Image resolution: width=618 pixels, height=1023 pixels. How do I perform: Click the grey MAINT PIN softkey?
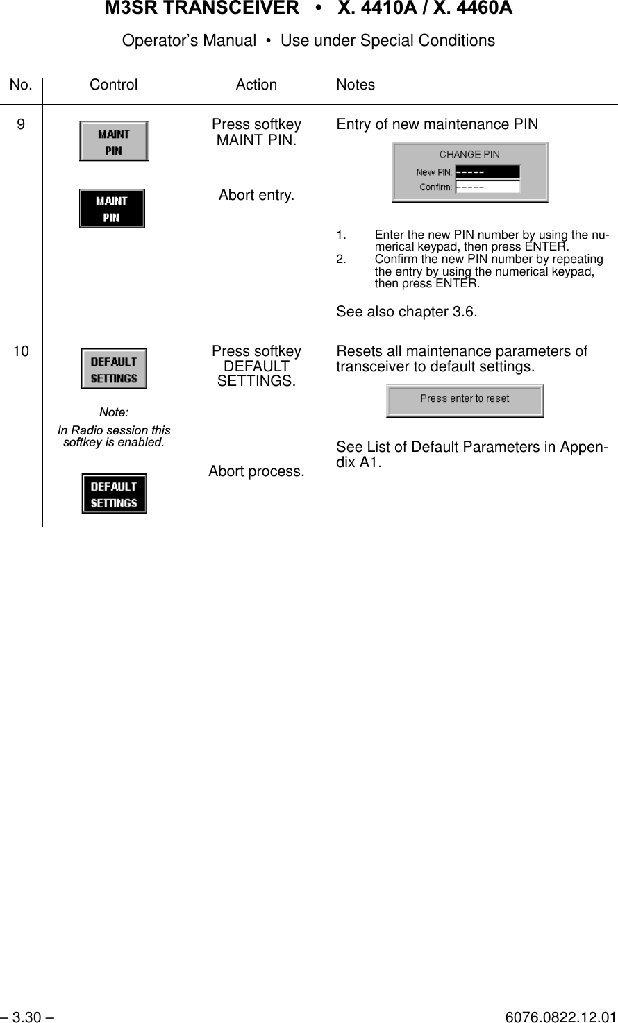click(x=113, y=141)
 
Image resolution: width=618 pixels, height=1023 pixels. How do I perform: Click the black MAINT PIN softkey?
click(x=112, y=208)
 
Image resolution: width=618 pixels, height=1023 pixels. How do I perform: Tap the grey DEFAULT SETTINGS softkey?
click(x=114, y=369)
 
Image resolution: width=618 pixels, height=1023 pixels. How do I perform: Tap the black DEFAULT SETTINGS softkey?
click(x=114, y=493)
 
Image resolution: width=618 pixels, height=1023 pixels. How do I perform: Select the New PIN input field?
click(x=487, y=172)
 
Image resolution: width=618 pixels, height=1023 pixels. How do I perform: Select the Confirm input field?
click(x=487, y=186)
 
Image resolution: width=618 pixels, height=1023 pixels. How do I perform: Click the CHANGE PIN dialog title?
click(x=469, y=154)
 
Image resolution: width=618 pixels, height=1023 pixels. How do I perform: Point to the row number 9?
click(x=22, y=124)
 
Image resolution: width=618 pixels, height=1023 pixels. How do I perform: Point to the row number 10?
click(x=22, y=351)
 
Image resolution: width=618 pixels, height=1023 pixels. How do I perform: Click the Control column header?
click(x=114, y=85)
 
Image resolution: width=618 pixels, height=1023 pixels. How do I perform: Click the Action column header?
click(x=256, y=85)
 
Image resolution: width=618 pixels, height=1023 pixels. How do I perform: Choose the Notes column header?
click(x=356, y=85)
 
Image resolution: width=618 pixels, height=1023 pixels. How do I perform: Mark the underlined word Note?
click(x=114, y=412)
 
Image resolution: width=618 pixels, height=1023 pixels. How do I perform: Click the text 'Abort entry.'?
click(x=256, y=195)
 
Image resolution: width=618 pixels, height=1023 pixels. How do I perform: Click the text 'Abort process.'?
click(x=256, y=471)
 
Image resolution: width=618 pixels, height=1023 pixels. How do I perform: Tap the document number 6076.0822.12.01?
click(x=560, y=1017)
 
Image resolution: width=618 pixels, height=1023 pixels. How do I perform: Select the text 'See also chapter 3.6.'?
click(x=407, y=312)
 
